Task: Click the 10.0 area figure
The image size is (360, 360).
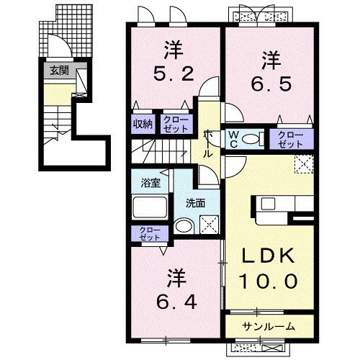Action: click(x=270, y=282)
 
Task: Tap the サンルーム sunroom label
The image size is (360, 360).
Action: click(x=268, y=327)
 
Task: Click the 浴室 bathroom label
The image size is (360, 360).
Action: click(x=149, y=183)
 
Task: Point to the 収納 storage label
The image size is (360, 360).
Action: click(x=142, y=123)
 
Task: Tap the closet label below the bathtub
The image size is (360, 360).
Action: click(x=149, y=233)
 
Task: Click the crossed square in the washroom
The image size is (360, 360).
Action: click(x=211, y=224)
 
